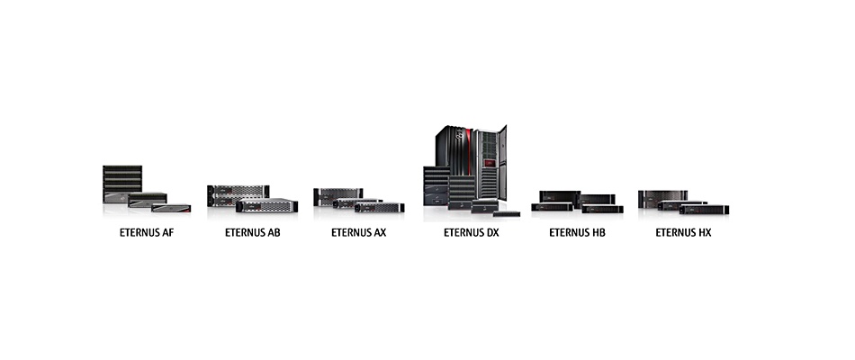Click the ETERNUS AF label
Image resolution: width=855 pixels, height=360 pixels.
[147, 233]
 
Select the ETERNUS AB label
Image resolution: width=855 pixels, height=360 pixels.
[253, 233]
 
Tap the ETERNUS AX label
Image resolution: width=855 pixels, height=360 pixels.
[359, 233]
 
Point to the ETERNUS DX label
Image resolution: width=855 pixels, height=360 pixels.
[471, 233]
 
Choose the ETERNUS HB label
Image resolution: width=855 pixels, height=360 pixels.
[577, 233]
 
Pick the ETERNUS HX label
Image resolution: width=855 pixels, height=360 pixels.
[683, 233]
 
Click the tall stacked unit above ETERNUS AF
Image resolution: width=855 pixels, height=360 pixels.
[122, 184]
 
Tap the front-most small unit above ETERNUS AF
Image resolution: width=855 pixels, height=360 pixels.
[171, 208]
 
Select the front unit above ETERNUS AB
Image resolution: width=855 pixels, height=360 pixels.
[266, 205]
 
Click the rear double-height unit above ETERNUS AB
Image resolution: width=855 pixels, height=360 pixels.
[238, 195]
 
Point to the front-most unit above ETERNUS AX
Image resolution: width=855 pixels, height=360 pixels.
[380, 207]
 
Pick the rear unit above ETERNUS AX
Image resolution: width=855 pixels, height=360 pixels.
[338, 196]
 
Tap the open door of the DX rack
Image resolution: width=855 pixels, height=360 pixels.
[502, 163]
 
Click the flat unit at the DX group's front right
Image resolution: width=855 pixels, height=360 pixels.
[506, 214]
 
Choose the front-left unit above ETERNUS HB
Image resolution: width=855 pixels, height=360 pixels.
[552, 207]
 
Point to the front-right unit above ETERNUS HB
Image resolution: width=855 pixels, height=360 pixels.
[602, 209]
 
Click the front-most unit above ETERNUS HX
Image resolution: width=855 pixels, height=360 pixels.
[704, 210]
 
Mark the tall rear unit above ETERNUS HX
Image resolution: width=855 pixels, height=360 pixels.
[662, 198]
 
